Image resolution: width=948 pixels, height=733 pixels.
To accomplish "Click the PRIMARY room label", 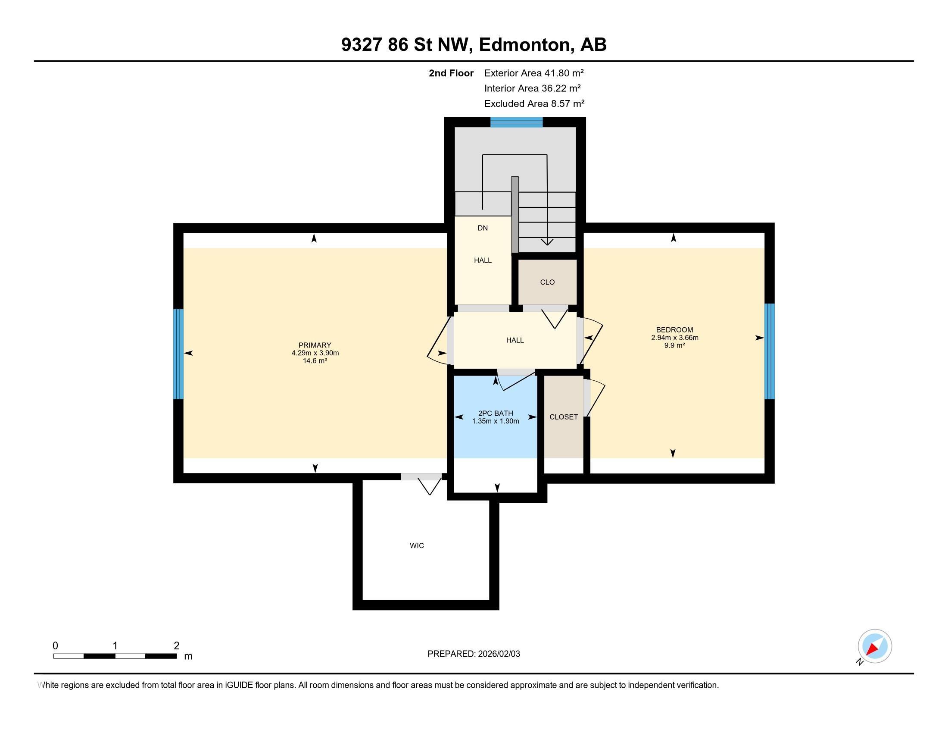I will pyautogui.click(x=315, y=345).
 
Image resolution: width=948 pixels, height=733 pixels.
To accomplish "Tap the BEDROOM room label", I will pyautogui.click(x=674, y=329).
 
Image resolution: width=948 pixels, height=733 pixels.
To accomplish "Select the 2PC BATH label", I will pyautogui.click(x=495, y=413).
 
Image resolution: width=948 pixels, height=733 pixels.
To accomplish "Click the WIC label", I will pyautogui.click(x=417, y=545).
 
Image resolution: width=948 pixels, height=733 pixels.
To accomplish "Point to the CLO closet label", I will pyautogui.click(x=547, y=282).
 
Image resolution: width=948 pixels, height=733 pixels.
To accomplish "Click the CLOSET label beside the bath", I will pyautogui.click(x=564, y=417).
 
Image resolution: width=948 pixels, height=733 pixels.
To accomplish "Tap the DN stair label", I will pyautogui.click(x=483, y=228).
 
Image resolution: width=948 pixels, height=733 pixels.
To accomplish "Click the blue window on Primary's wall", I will pyautogui.click(x=178, y=354).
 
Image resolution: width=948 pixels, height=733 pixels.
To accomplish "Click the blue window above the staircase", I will pyautogui.click(x=517, y=122).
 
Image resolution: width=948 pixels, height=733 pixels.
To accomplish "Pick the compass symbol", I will pyautogui.click(x=874, y=646).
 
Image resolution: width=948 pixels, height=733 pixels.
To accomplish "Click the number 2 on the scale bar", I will pyautogui.click(x=176, y=646).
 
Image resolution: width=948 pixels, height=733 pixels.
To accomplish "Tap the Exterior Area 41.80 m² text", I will pyautogui.click(x=533, y=73).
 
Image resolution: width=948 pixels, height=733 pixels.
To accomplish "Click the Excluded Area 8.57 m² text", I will pyautogui.click(x=534, y=104).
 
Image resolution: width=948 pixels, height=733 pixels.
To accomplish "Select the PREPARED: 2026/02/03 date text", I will pyautogui.click(x=474, y=654).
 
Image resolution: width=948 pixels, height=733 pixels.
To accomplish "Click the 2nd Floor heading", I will pyautogui.click(x=451, y=73).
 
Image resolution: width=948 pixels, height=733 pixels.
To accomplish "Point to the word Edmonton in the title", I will pyautogui.click(x=524, y=44).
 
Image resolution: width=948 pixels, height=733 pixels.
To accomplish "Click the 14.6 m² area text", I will pyautogui.click(x=315, y=361).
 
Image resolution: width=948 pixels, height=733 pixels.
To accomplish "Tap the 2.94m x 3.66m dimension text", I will pyautogui.click(x=674, y=338).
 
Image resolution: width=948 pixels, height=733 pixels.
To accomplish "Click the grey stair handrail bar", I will pyautogui.click(x=515, y=215).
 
